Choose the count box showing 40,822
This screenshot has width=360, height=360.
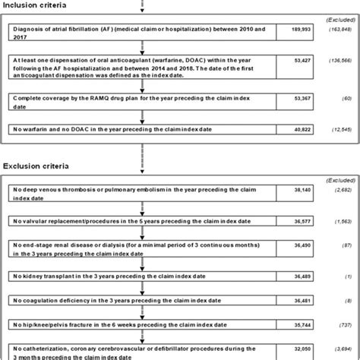295,131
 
